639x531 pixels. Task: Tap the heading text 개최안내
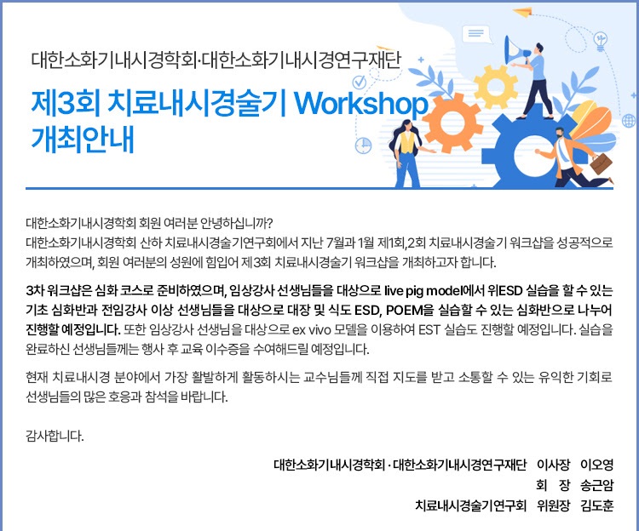pos(83,140)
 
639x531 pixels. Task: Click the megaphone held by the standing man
pos(515,50)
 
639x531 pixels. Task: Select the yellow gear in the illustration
pos(496,86)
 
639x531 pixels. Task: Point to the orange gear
pos(452,123)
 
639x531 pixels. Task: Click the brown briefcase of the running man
pos(601,163)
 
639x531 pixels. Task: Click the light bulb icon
pos(600,41)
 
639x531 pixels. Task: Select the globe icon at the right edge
pos(629,121)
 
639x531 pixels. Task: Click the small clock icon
pos(364,146)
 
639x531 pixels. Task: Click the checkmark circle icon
pos(359,82)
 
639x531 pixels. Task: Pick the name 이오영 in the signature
pos(596,465)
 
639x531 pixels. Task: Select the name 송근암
pos(596,484)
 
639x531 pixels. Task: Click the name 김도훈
pos(596,505)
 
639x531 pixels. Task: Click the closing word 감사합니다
pos(55,437)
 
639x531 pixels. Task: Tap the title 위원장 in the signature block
pos(553,505)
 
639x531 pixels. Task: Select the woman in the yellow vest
pos(407,153)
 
